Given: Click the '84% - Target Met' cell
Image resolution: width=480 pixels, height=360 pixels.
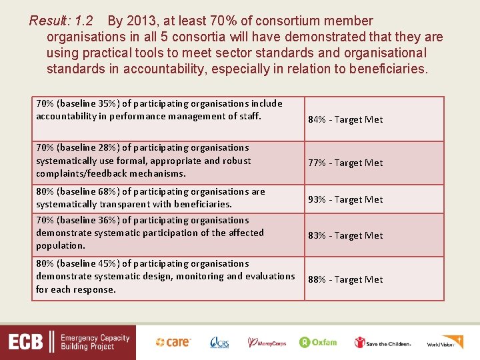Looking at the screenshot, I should (x=345, y=119).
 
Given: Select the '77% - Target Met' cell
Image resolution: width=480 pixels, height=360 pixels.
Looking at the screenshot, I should (x=345, y=163).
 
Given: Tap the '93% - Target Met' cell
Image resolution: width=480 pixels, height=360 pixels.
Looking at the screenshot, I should (x=345, y=199).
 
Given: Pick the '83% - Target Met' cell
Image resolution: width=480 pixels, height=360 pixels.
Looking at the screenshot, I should (x=345, y=235).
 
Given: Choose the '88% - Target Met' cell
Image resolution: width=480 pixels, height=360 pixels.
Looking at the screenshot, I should (x=345, y=279).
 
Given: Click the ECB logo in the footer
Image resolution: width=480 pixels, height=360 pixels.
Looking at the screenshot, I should (x=27, y=343).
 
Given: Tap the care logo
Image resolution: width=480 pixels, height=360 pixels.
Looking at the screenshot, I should (x=173, y=342).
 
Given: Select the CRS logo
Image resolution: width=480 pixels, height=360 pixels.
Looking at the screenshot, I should (x=219, y=342).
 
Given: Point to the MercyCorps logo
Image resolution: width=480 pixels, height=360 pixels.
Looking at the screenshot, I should (x=267, y=343).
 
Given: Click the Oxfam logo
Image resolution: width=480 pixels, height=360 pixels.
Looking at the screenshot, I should (x=318, y=342).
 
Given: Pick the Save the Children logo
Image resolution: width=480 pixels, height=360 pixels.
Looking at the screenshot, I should (x=383, y=343).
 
